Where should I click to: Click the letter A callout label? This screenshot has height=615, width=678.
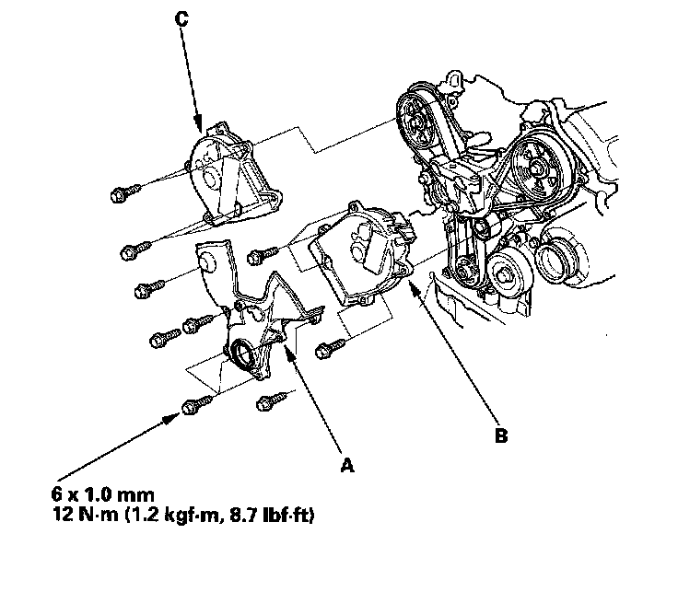click(347, 466)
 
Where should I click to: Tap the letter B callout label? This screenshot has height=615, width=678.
click(500, 436)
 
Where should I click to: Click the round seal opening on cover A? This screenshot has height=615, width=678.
click(241, 354)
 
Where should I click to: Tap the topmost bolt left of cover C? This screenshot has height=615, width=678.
click(123, 193)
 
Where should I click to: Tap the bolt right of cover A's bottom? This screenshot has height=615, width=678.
click(271, 399)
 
